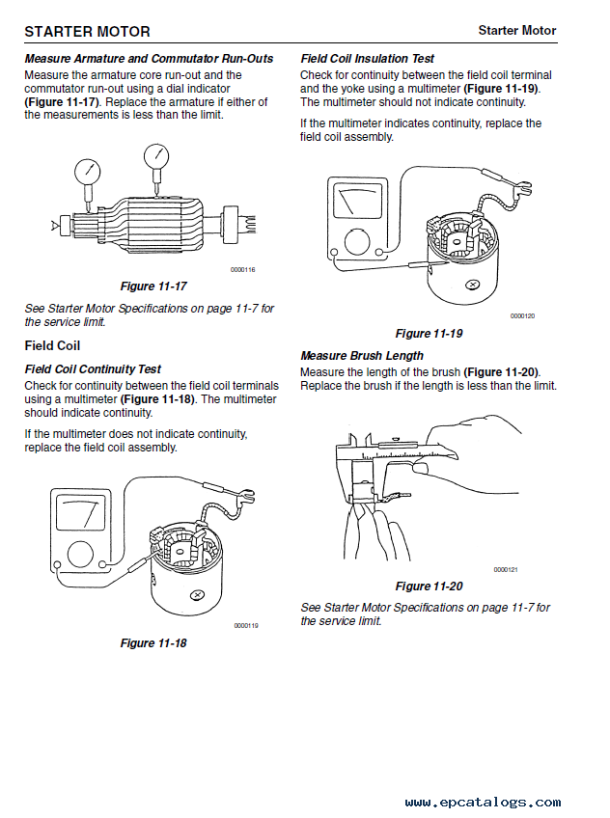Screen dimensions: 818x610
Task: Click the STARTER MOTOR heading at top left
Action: [x=87, y=31]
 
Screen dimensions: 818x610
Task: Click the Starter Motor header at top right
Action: [x=517, y=31]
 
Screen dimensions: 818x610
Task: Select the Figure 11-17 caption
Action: [x=152, y=286]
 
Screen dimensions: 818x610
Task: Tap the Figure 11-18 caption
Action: [x=152, y=643]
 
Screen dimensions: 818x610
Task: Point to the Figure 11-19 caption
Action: [x=429, y=334]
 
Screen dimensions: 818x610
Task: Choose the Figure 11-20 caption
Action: [x=429, y=586]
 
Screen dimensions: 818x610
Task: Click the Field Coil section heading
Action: [x=52, y=345]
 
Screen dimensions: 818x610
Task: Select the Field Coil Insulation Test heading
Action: [x=368, y=59]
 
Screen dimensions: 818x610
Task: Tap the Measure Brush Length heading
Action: [x=362, y=356]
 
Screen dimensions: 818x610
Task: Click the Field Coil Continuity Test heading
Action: [x=93, y=369]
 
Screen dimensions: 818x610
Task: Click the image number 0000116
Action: [x=242, y=270]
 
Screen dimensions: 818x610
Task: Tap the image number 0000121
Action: [x=506, y=570]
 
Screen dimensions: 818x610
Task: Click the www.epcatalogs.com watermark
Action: [x=483, y=803]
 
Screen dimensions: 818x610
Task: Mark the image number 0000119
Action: [x=245, y=626]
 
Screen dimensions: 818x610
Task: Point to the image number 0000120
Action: [x=522, y=316]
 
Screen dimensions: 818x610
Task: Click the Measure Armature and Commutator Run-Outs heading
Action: [x=149, y=59]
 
